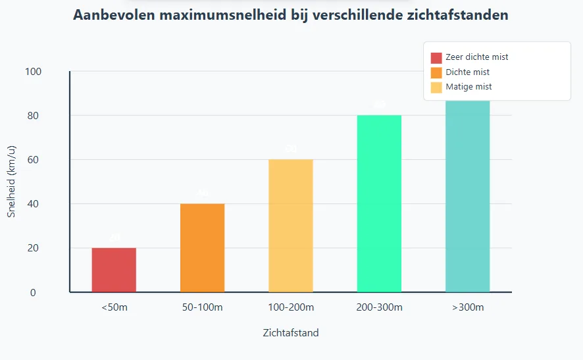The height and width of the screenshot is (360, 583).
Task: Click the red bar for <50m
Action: point(114,270)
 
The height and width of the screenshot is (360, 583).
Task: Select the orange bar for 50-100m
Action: point(202,247)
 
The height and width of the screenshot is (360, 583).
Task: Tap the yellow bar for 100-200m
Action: point(291,226)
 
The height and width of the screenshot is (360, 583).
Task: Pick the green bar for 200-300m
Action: point(379,203)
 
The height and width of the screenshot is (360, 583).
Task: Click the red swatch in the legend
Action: point(436,57)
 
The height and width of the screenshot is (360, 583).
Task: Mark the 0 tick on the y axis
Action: point(34,293)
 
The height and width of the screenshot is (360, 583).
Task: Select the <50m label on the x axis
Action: point(114,307)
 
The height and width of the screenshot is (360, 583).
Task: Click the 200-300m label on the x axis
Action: point(379,307)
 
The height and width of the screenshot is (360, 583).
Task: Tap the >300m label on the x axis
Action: point(467,307)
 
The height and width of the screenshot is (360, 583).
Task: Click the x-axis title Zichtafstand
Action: point(290,333)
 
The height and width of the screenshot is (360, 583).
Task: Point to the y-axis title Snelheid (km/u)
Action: point(11,182)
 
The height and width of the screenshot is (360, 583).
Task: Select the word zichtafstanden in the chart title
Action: point(455,15)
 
